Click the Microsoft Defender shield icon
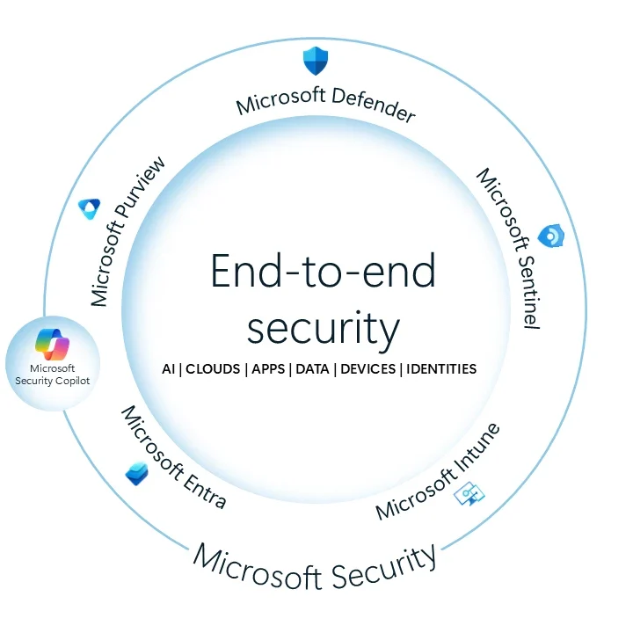(x=315, y=61)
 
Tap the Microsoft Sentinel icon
(x=551, y=236)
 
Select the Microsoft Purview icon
(x=89, y=208)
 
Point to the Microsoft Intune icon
(x=468, y=494)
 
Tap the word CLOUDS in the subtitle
(x=213, y=369)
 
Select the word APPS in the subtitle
(x=268, y=369)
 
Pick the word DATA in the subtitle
(x=312, y=369)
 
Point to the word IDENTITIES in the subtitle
(x=440, y=369)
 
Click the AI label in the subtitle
(x=168, y=369)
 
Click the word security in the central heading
(x=323, y=329)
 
